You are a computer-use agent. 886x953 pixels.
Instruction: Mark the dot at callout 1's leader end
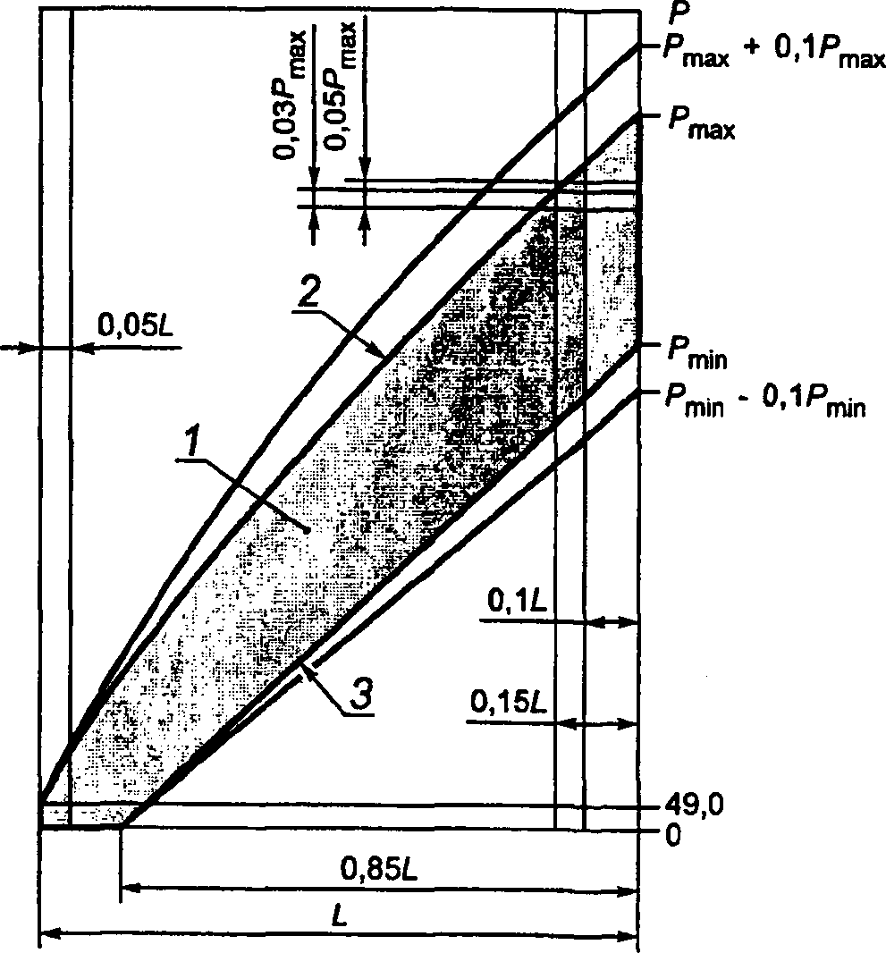(307, 530)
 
